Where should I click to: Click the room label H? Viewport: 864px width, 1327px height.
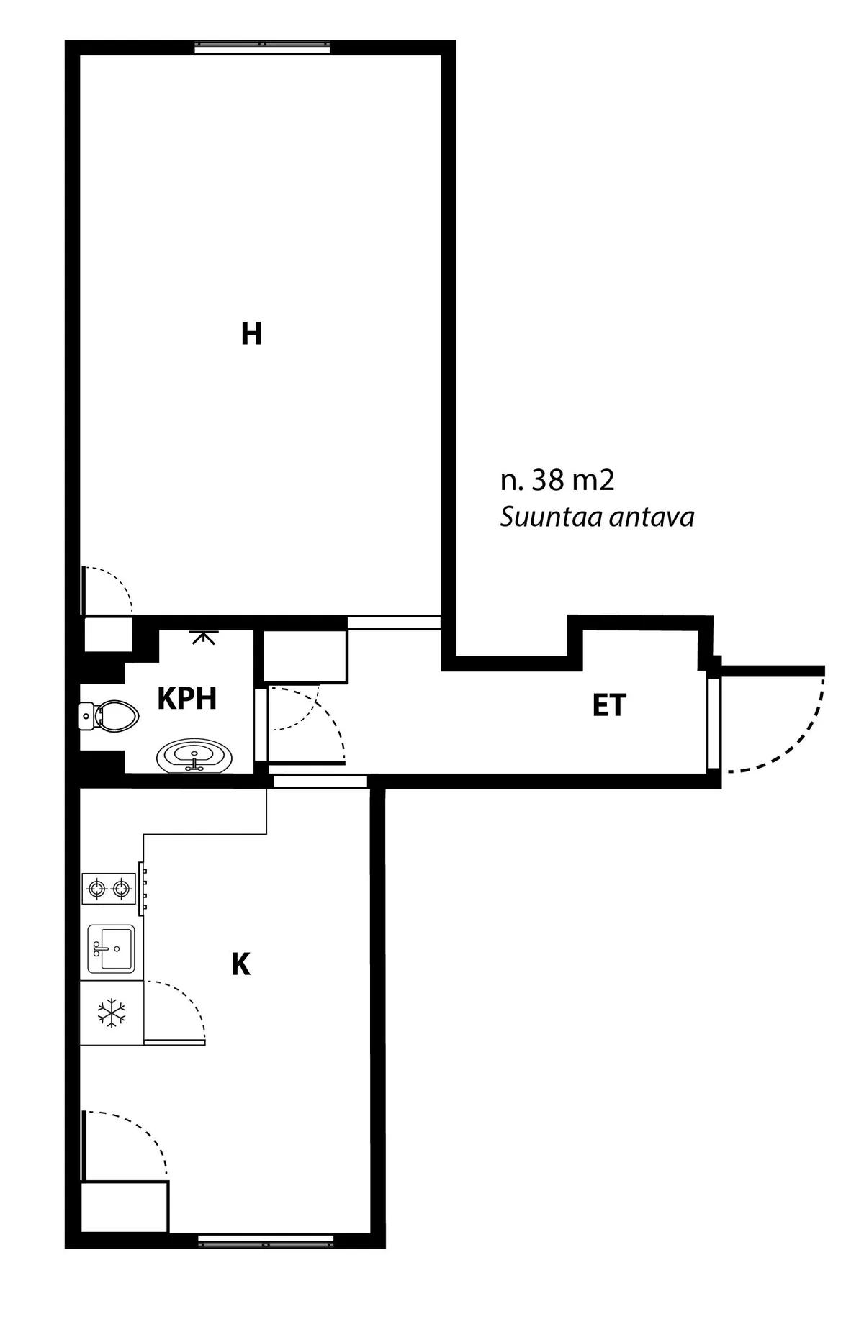click(x=251, y=334)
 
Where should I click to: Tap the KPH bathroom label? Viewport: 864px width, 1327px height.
click(x=187, y=698)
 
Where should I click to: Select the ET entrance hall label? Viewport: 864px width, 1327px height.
click(x=609, y=705)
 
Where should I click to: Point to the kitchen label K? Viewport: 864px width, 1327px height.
click(x=240, y=964)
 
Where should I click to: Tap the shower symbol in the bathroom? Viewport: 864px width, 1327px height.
click(x=204, y=637)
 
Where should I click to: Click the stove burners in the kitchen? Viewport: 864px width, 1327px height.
click(x=109, y=889)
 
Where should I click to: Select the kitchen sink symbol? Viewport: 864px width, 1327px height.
click(x=112, y=949)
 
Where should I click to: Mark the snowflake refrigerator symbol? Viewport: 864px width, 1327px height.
click(x=112, y=1013)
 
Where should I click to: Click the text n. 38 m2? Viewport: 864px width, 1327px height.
click(x=557, y=481)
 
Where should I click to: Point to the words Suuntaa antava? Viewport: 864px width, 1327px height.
click(x=597, y=517)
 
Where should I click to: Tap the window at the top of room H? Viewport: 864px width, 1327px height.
click(x=263, y=47)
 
